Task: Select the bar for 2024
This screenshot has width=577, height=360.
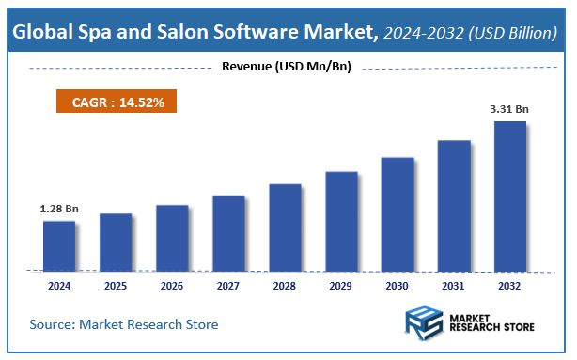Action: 59,245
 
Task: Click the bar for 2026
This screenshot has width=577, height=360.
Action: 172,237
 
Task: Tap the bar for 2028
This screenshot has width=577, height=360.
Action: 285,227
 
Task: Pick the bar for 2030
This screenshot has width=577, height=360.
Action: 398,213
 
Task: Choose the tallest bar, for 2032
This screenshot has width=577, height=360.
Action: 510,195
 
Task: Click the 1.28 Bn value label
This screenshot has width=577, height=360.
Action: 58,208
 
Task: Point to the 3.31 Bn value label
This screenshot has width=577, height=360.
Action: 509,109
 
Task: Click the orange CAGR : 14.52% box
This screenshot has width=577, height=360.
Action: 118,102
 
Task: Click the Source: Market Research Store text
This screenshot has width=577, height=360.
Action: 124,324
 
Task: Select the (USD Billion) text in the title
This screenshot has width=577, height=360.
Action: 513,34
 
